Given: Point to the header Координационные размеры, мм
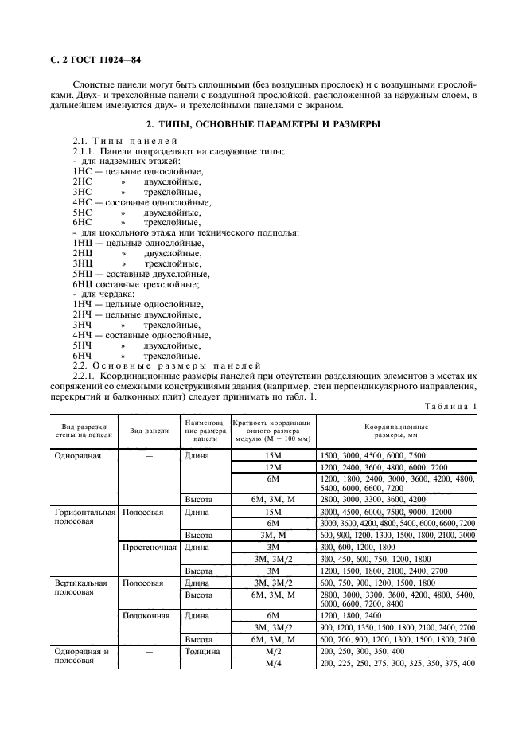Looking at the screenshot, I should [x=396, y=431].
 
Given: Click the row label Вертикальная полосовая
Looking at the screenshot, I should [x=80, y=588].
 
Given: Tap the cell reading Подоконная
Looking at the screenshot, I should [x=147, y=615].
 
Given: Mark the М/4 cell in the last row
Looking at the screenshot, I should [x=273, y=663].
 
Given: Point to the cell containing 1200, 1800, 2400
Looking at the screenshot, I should [x=350, y=615].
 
